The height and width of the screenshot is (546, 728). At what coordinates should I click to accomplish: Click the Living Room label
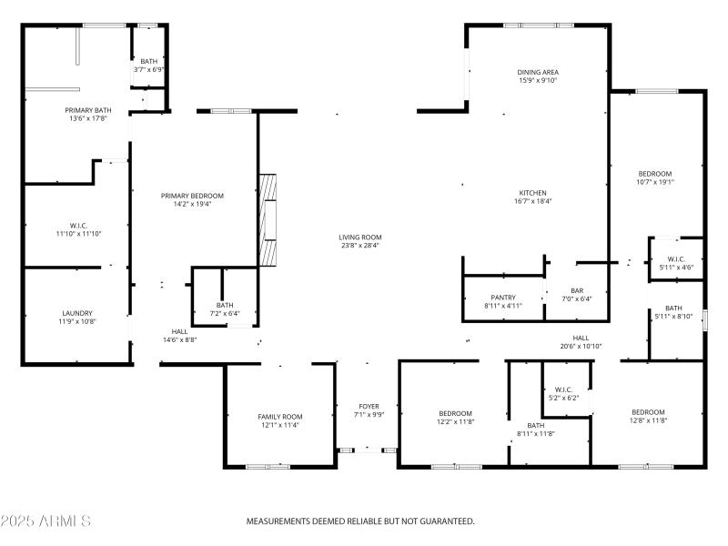(360, 237)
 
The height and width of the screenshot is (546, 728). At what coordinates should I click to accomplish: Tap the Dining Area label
(537, 72)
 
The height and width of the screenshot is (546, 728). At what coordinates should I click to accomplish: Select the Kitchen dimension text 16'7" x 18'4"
(532, 202)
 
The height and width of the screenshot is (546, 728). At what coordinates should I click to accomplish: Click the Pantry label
(503, 298)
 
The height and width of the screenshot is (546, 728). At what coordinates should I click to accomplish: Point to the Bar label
(577, 290)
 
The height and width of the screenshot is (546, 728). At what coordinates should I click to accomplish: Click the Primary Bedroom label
(192, 196)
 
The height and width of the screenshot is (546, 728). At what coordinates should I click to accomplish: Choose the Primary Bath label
(87, 110)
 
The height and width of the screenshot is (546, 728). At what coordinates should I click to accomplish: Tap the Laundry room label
(77, 313)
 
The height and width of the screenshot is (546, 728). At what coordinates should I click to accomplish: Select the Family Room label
(279, 416)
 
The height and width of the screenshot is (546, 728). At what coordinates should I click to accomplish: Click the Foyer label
(369, 406)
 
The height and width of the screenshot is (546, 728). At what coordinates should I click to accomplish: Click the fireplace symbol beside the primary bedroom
(268, 218)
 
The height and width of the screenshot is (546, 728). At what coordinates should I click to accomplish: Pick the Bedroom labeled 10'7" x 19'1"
(655, 174)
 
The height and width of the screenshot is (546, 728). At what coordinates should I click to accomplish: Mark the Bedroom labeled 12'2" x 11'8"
(455, 413)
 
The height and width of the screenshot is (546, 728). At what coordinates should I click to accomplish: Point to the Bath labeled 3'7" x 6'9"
(148, 61)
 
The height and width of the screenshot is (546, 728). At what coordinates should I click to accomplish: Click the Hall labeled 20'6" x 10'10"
(581, 338)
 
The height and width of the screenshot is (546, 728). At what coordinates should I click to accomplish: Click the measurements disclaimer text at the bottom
(360, 521)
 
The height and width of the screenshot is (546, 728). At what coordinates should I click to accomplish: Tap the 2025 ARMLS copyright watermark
(45, 521)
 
